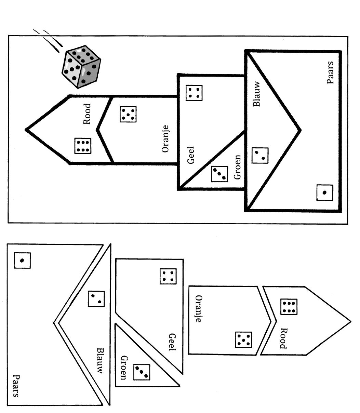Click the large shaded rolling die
click(x=81, y=66)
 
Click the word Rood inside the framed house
click(x=88, y=114)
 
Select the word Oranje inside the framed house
click(x=165, y=139)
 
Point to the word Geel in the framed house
click(x=191, y=156)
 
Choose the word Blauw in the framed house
click(x=257, y=93)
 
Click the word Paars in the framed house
click(x=330, y=72)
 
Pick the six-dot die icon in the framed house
click(x=83, y=146)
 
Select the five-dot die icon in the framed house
click(x=128, y=114)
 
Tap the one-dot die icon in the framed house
click(x=324, y=192)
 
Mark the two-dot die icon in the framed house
click(x=260, y=156)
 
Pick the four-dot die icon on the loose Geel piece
click(x=168, y=276)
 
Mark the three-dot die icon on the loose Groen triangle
click(x=142, y=372)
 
